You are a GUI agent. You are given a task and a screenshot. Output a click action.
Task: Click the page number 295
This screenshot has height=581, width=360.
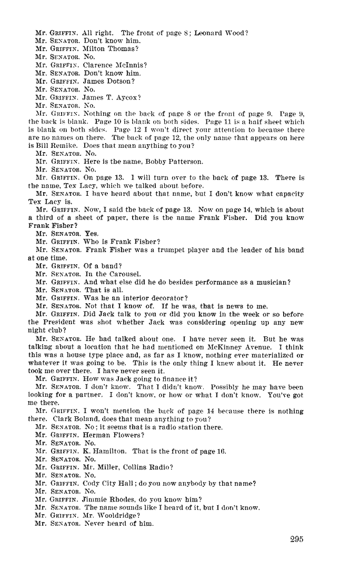point(296,539)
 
